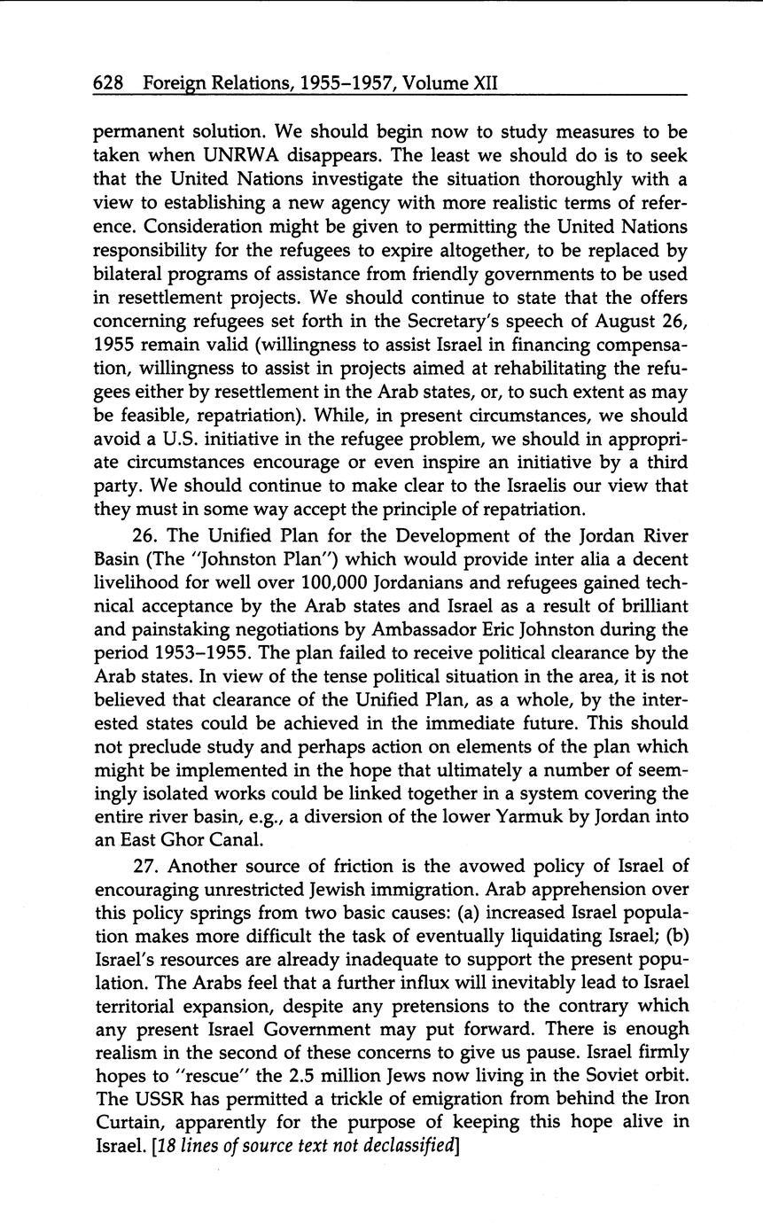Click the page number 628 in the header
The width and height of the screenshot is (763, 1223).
[x=108, y=83]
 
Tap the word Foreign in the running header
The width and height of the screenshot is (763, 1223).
[x=177, y=84]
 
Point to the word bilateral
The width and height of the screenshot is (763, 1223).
[x=127, y=275]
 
